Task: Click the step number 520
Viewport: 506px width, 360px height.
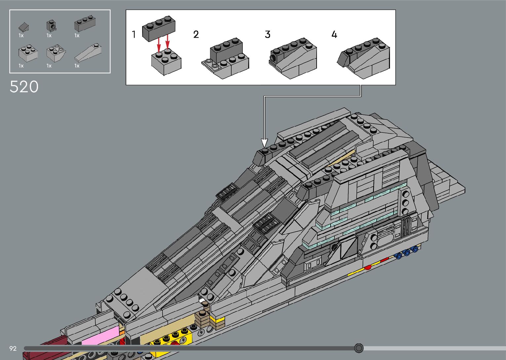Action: [x=24, y=87]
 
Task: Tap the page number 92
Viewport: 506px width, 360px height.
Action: [x=13, y=348]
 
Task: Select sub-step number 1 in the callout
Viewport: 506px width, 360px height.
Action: [x=134, y=34]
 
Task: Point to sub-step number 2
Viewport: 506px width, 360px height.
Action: [x=196, y=34]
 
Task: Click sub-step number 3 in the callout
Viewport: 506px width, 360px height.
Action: [x=267, y=34]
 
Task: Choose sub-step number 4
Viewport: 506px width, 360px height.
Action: [x=334, y=34]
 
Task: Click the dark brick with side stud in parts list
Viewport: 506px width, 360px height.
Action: [x=51, y=25]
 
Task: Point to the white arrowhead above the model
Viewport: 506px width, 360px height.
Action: [x=264, y=143]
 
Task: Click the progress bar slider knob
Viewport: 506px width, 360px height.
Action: [x=359, y=348]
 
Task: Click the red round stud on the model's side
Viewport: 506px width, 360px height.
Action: [x=368, y=267]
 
